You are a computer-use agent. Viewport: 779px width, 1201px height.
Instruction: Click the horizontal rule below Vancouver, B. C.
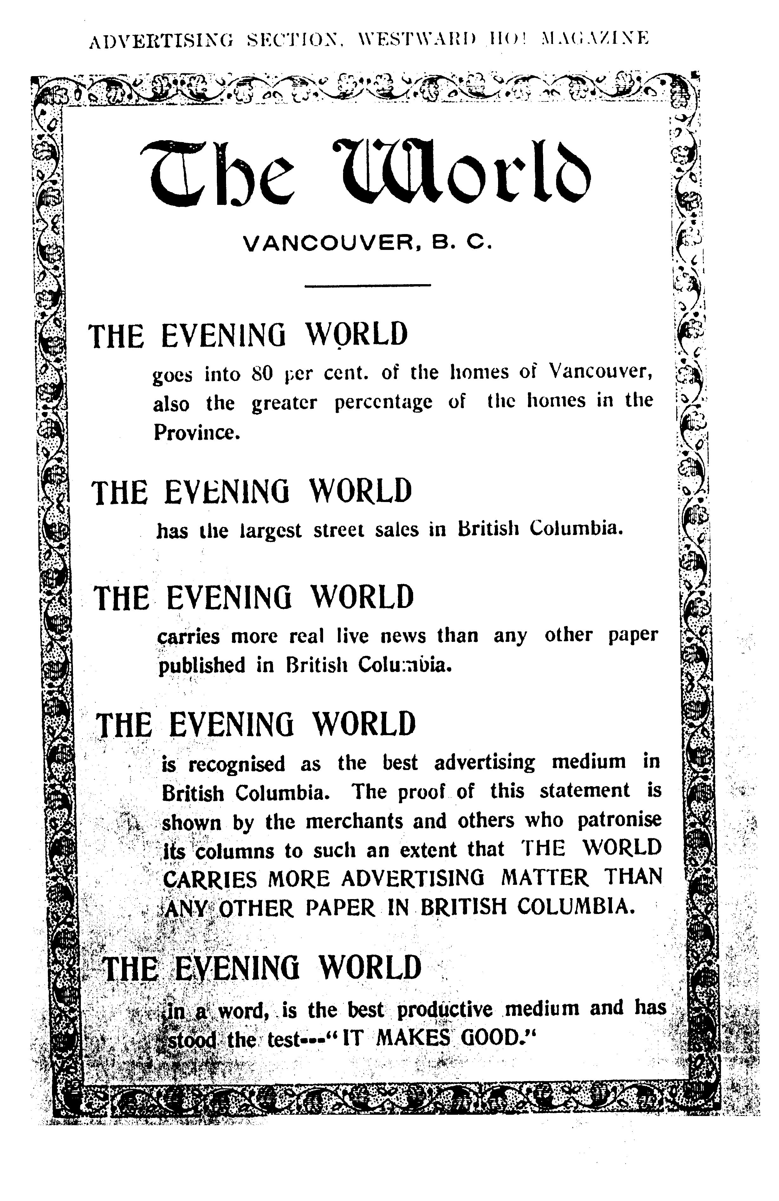(367, 286)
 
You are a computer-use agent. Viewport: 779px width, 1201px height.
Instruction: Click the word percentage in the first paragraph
(383, 402)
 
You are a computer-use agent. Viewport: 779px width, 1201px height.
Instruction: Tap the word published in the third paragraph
(202, 666)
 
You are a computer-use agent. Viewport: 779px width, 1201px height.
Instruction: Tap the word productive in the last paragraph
(444, 1009)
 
